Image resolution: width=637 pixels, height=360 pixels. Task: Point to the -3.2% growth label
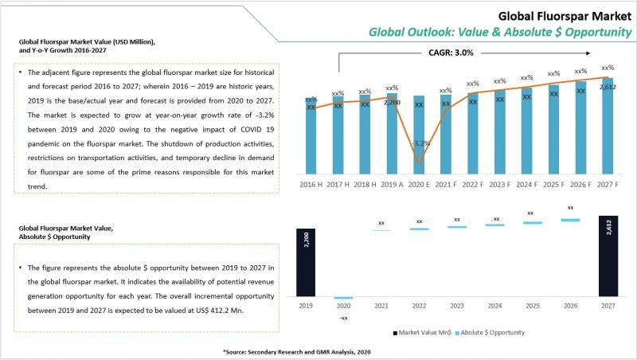pyautogui.click(x=420, y=143)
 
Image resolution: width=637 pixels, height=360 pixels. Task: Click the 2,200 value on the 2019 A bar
pyautogui.click(x=392, y=103)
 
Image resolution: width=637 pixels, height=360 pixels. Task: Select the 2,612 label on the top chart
pyautogui.click(x=608, y=86)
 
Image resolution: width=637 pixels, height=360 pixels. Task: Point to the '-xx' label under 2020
pyautogui.click(x=344, y=318)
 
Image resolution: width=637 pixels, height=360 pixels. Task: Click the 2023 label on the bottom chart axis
pyautogui.click(x=456, y=304)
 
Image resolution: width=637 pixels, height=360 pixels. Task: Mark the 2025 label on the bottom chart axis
pyautogui.click(x=533, y=304)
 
